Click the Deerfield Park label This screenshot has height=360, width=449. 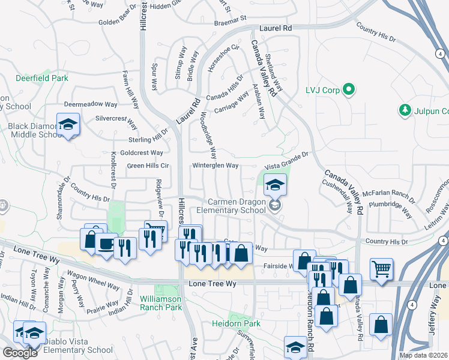[42, 78]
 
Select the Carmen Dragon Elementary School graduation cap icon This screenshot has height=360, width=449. [275, 184]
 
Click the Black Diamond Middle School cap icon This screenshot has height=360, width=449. [68, 124]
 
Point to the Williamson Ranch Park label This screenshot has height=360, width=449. [161, 303]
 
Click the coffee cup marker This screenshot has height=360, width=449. [106, 244]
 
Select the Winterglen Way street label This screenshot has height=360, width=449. [215, 166]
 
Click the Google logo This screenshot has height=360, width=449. [20, 353]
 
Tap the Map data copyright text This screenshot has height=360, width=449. [423, 355]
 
